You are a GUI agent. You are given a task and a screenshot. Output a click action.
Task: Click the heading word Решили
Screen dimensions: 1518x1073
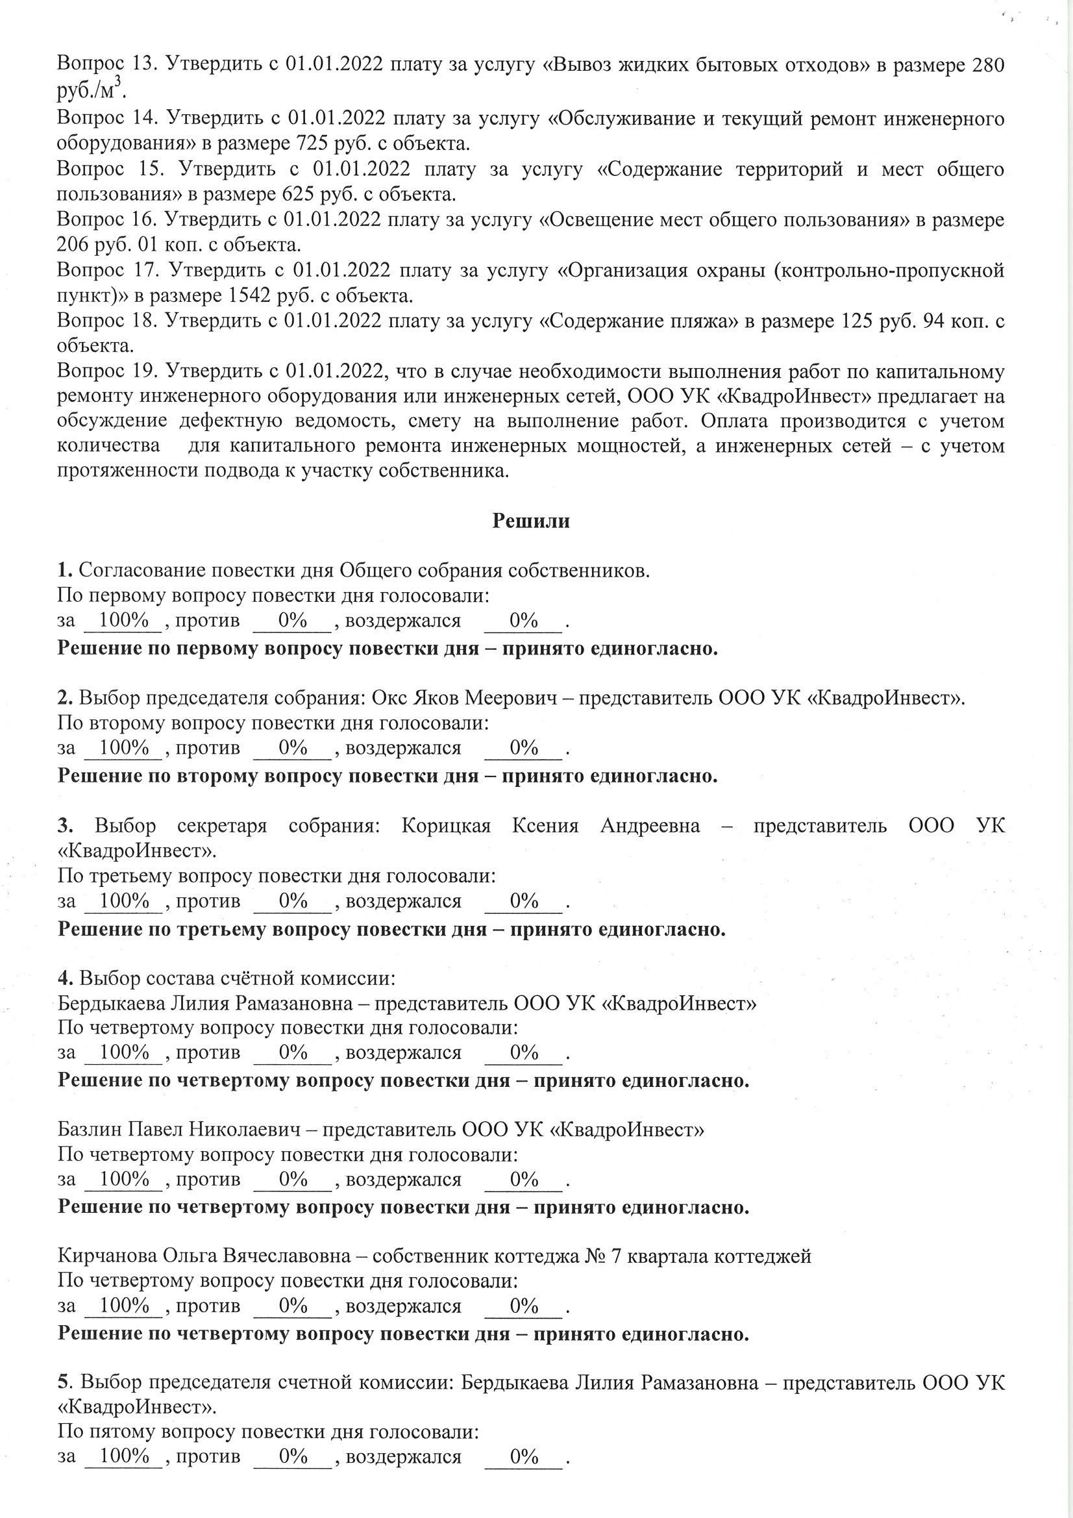pos(531,521)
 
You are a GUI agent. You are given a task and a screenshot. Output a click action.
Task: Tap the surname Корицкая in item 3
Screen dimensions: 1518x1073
pos(445,826)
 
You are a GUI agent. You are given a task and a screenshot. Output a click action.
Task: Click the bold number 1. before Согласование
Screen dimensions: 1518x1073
pos(64,571)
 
